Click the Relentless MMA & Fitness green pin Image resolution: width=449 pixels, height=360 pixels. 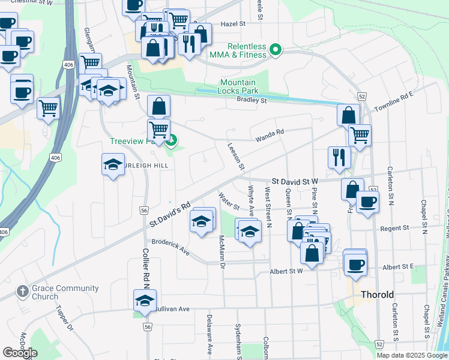276,49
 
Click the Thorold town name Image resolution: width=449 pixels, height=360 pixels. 377,295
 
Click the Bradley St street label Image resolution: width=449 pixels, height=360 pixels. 251,100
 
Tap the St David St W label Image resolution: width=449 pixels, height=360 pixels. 294,180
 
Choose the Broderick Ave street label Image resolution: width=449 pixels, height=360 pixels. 170,248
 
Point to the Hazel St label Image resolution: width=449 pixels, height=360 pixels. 234,24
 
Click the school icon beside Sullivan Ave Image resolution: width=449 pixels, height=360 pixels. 145,301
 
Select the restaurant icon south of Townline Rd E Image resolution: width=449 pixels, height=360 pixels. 339,157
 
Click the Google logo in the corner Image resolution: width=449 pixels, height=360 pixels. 20,353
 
